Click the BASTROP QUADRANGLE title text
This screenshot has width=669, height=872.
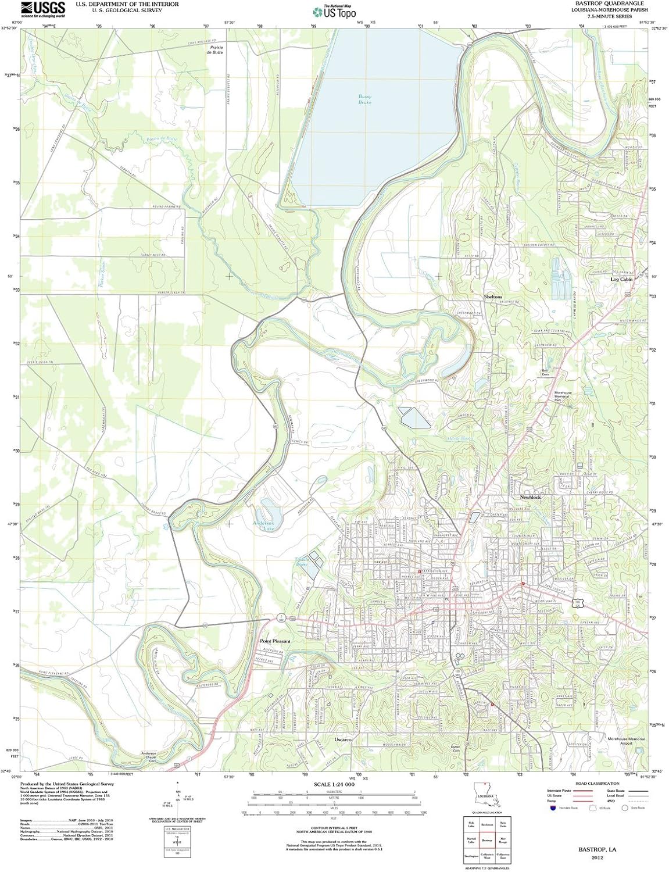(x=601, y=3)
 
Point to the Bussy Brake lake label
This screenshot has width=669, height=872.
(x=364, y=99)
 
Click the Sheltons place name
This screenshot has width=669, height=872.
(x=493, y=296)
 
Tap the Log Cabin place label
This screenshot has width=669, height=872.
(x=621, y=279)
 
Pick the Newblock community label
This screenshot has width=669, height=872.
(x=530, y=498)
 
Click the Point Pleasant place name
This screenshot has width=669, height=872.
(x=274, y=641)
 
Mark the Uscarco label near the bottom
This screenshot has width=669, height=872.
(x=343, y=739)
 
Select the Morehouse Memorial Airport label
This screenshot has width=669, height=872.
(x=626, y=741)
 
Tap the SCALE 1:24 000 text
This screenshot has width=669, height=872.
(x=334, y=784)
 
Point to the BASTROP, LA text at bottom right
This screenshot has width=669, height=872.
(x=597, y=849)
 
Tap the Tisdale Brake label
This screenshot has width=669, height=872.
(x=302, y=562)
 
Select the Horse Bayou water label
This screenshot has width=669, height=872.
(x=457, y=438)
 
